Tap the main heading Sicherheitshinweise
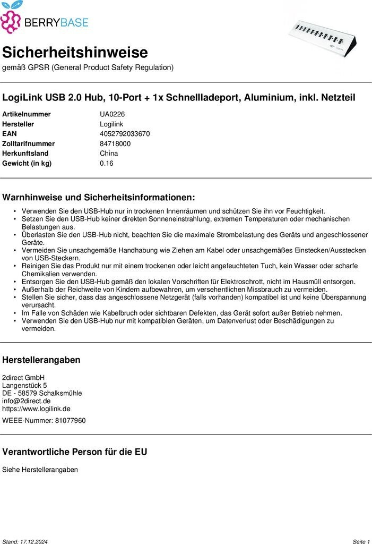tap(75, 53)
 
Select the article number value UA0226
tap(112, 114)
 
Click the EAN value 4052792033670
tap(125, 134)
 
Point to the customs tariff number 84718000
tap(115, 143)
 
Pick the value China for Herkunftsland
tap(109, 154)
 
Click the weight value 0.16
tap(106, 163)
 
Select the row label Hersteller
tap(18, 124)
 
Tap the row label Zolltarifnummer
tap(28, 143)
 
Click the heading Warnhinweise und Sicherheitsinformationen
tap(99, 198)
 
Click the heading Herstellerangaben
tap(41, 360)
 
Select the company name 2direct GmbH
tap(24, 378)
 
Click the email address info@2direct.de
tap(27, 401)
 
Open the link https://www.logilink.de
tap(36, 409)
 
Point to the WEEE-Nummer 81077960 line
tap(44, 421)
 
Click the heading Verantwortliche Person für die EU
tap(75, 452)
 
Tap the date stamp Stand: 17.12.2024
tap(25, 541)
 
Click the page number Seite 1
tap(361, 541)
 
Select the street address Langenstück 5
tap(24, 385)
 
